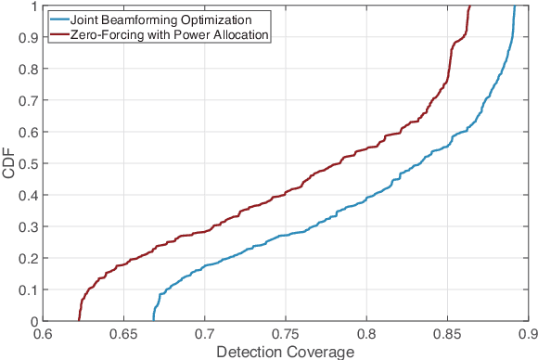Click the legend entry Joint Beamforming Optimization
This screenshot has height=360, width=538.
pos(152,17)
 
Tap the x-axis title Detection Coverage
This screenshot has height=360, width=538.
pos(285,351)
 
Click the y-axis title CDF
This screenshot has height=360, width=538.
pos(9,163)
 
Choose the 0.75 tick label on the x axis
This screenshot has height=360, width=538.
pos(285,333)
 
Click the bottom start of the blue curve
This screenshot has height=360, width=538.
pos(153,321)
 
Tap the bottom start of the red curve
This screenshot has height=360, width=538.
pos(79,321)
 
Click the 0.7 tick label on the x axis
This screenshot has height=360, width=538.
pos(204,333)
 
